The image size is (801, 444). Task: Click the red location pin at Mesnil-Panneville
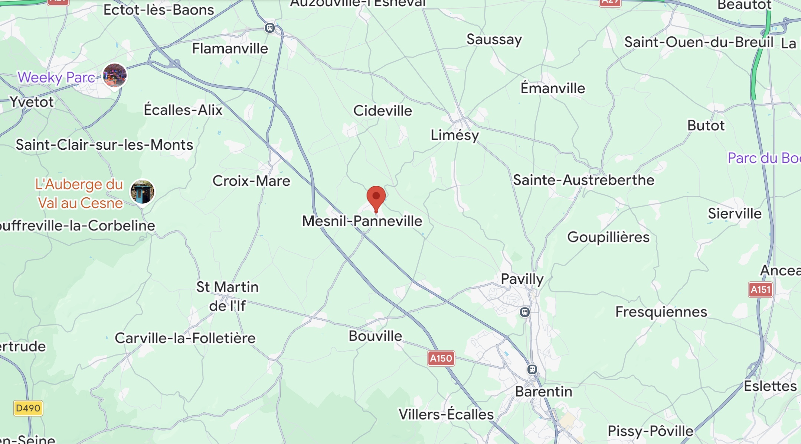click(376, 197)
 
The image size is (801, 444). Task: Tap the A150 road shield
click(441, 359)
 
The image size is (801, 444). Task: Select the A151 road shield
click(761, 290)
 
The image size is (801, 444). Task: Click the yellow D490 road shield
click(28, 408)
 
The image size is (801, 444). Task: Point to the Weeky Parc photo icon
click(115, 75)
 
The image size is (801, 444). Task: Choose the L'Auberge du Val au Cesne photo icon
click(142, 192)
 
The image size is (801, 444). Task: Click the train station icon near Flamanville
click(270, 28)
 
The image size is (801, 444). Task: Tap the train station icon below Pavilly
click(525, 312)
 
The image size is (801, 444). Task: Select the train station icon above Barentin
click(532, 369)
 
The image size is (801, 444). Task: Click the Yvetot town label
click(32, 102)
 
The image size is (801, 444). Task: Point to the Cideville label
click(383, 111)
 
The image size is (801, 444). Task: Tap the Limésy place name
click(455, 135)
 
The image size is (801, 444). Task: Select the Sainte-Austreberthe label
click(583, 180)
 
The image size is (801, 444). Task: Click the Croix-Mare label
click(251, 181)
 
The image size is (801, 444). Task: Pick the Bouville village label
click(375, 336)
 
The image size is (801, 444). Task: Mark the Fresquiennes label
click(661, 312)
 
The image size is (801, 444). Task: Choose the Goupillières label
click(608, 237)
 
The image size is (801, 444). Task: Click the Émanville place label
click(553, 88)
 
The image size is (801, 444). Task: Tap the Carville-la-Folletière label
click(185, 338)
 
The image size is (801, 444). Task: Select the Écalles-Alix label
click(183, 110)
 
